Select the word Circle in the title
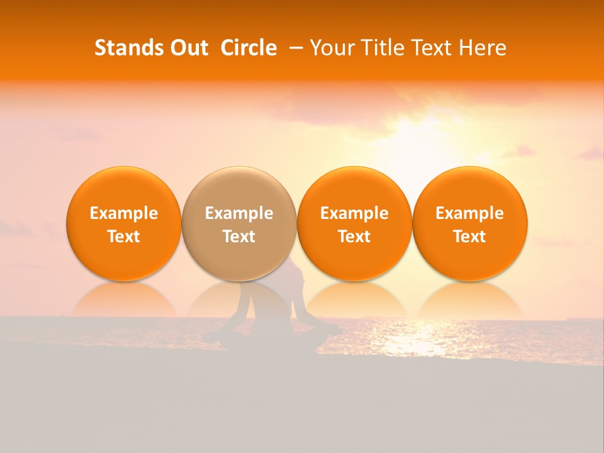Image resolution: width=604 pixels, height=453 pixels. [x=249, y=48]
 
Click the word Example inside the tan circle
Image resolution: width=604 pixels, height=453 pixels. [x=239, y=213]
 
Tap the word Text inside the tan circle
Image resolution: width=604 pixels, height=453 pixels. [x=239, y=237]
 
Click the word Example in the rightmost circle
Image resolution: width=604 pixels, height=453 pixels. [x=469, y=213]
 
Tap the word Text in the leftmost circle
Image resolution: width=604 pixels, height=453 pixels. [x=123, y=237]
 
